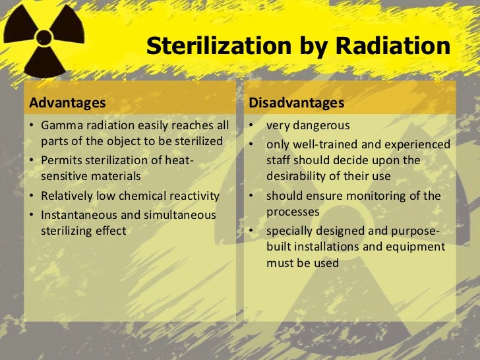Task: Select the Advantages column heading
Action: click(67, 103)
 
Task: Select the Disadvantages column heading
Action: click(296, 103)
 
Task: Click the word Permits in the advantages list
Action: click(61, 160)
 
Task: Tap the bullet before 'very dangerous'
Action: click(252, 125)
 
